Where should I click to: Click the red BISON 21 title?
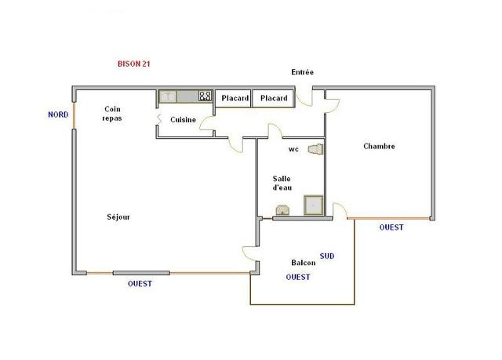(x=134, y=64)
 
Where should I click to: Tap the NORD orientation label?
(x=58, y=115)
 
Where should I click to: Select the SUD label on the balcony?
(x=327, y=256)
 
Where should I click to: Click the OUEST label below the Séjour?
(x=140, y=283)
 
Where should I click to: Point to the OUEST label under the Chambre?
(x=391, y=227)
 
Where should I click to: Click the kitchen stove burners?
(x=205, y=96)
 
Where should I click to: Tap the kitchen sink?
(x=168, y=96)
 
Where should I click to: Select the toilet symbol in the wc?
(x=315, y=150)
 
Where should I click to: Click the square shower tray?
(x=314, y=205)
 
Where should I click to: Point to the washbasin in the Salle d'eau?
(x=283, y=210)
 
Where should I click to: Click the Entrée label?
(x=302, y=72)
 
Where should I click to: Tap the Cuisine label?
(x=183, y=120)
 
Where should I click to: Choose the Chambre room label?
(x=379, y=146)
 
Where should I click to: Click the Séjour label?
(x=118, y=217)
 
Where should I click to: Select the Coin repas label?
(x=112, y=114)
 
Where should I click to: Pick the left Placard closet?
(x=234, y=98)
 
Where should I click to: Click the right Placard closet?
(x=274, y=98)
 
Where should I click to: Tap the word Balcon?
(x=304, y=263)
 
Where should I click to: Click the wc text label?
(x=293, y=150)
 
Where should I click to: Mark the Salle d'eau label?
(x=282, y=183)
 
